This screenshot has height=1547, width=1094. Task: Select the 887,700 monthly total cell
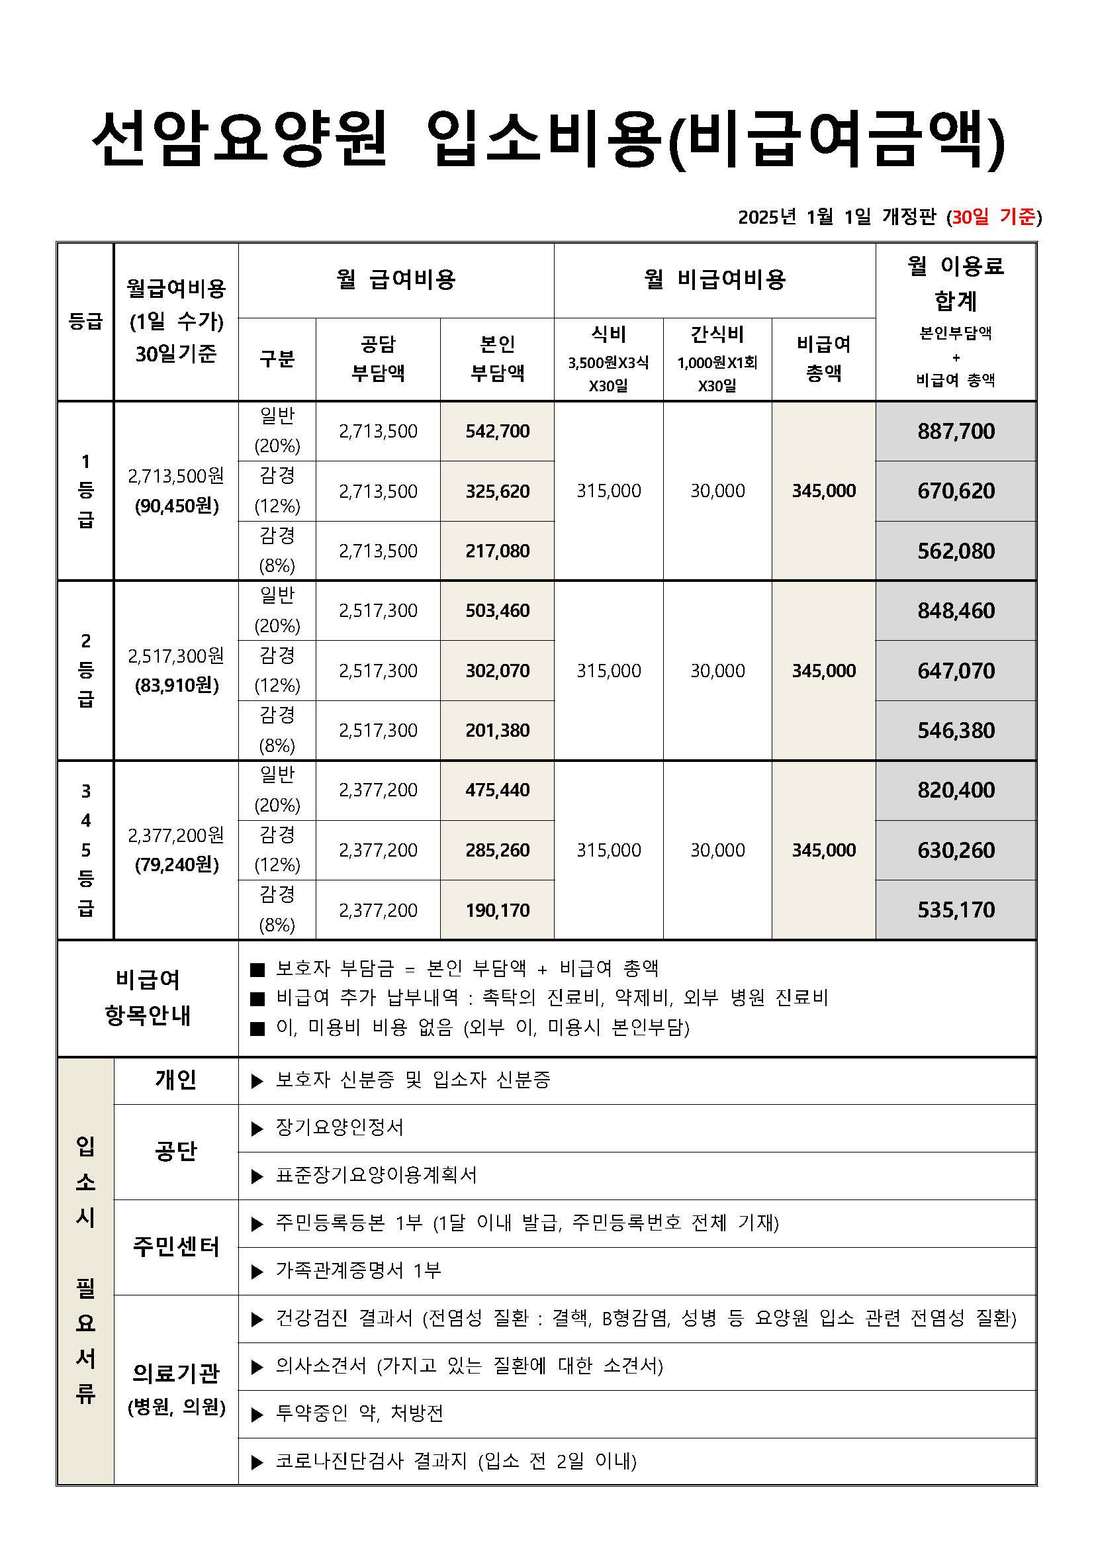[x=955, y=431]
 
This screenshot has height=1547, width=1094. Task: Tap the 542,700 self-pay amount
[x=497, y=431]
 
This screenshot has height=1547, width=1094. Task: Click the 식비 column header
[x=608, y=334]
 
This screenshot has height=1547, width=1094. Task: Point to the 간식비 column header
[x=717, y=334]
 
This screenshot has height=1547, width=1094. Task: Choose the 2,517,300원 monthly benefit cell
[x=176, y=655]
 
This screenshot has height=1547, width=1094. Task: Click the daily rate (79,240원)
[x=177, y=865]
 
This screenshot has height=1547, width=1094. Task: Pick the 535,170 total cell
[x=955, y=910]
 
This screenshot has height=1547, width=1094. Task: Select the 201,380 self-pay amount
[x=497, y=730]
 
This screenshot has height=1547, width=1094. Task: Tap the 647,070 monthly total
[x=955, y=671]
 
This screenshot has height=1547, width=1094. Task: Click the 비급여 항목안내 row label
[x=148, y=998]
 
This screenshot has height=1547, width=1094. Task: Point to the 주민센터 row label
[x=176, y=1246]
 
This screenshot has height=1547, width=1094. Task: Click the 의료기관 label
[x=176, y=1372]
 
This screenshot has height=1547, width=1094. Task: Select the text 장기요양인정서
[x=340, y=1127]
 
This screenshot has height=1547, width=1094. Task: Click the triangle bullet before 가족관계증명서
[x=257, y=1272]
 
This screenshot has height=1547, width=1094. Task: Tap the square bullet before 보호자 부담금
[x=257, y=970]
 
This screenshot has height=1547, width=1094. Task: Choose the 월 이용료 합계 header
[x=955, y=283]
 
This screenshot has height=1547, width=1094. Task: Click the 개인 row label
[x=176, y=1080]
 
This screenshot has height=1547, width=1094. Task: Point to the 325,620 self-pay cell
[x=497, y=491]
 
